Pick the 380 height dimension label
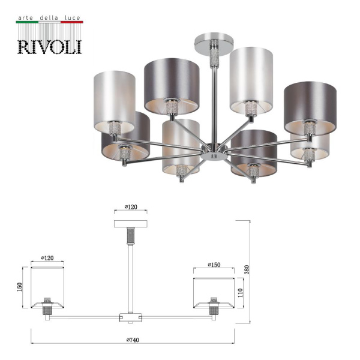pyautogui.click(x=246, y=270)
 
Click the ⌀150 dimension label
pyautogui.click(x=214, y=265)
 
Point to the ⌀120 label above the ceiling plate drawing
pyautogui.click(x=131, y=207)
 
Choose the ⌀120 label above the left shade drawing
pyautogui.click(x=47, y=258)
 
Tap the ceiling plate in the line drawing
pyautogui.click(x=131, y=224)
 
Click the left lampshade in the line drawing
pyautogui.click(x=47, y=287)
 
